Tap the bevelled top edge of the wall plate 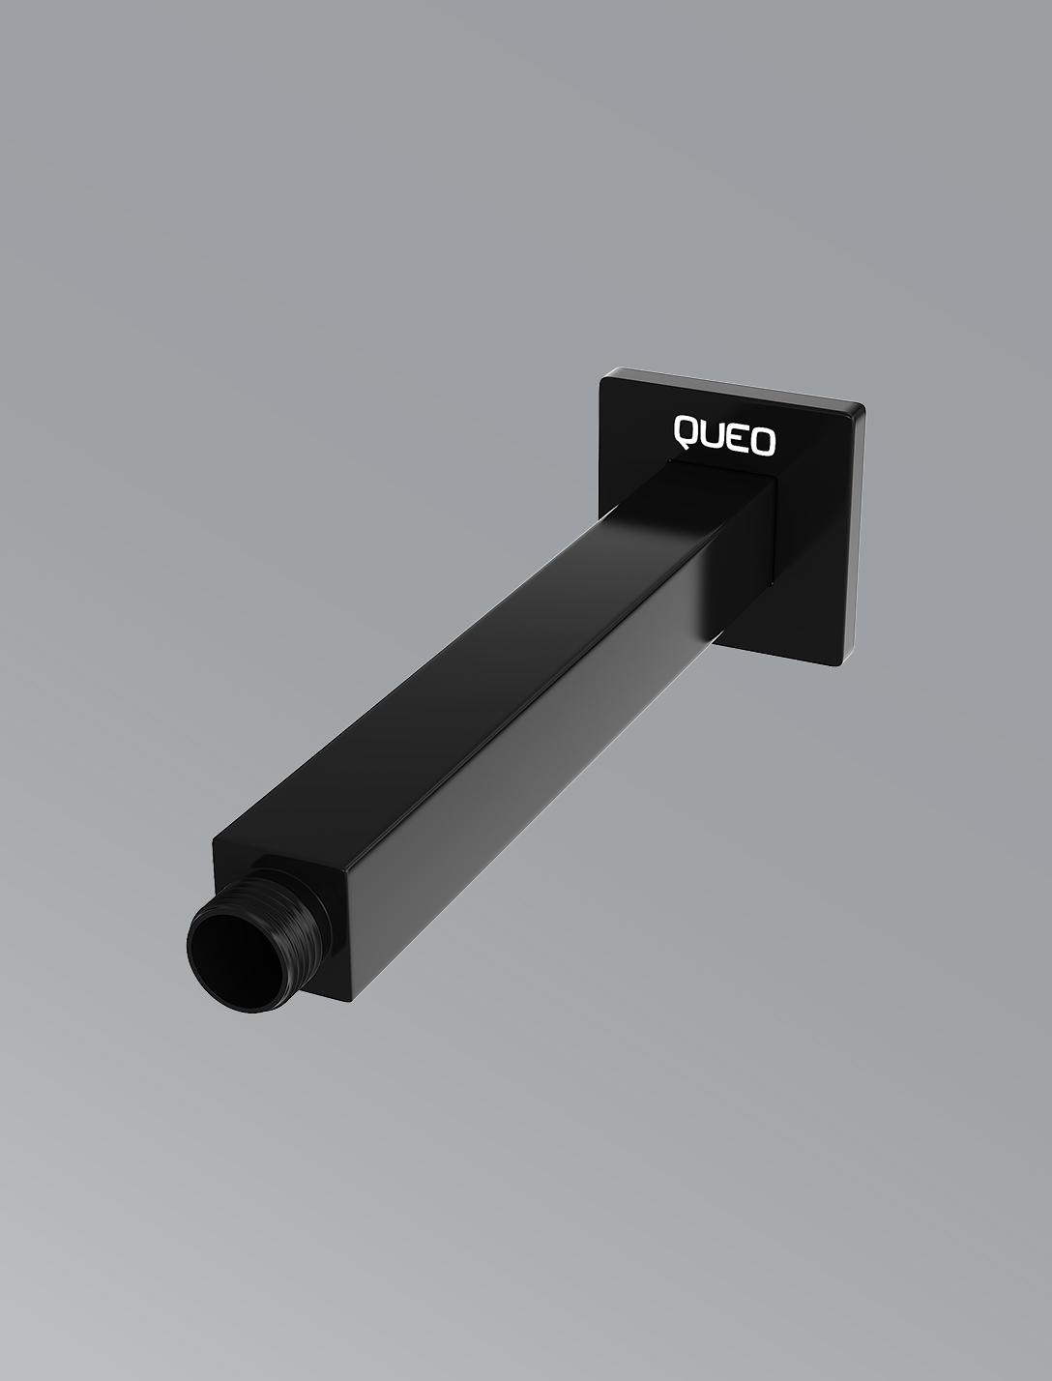735,387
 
